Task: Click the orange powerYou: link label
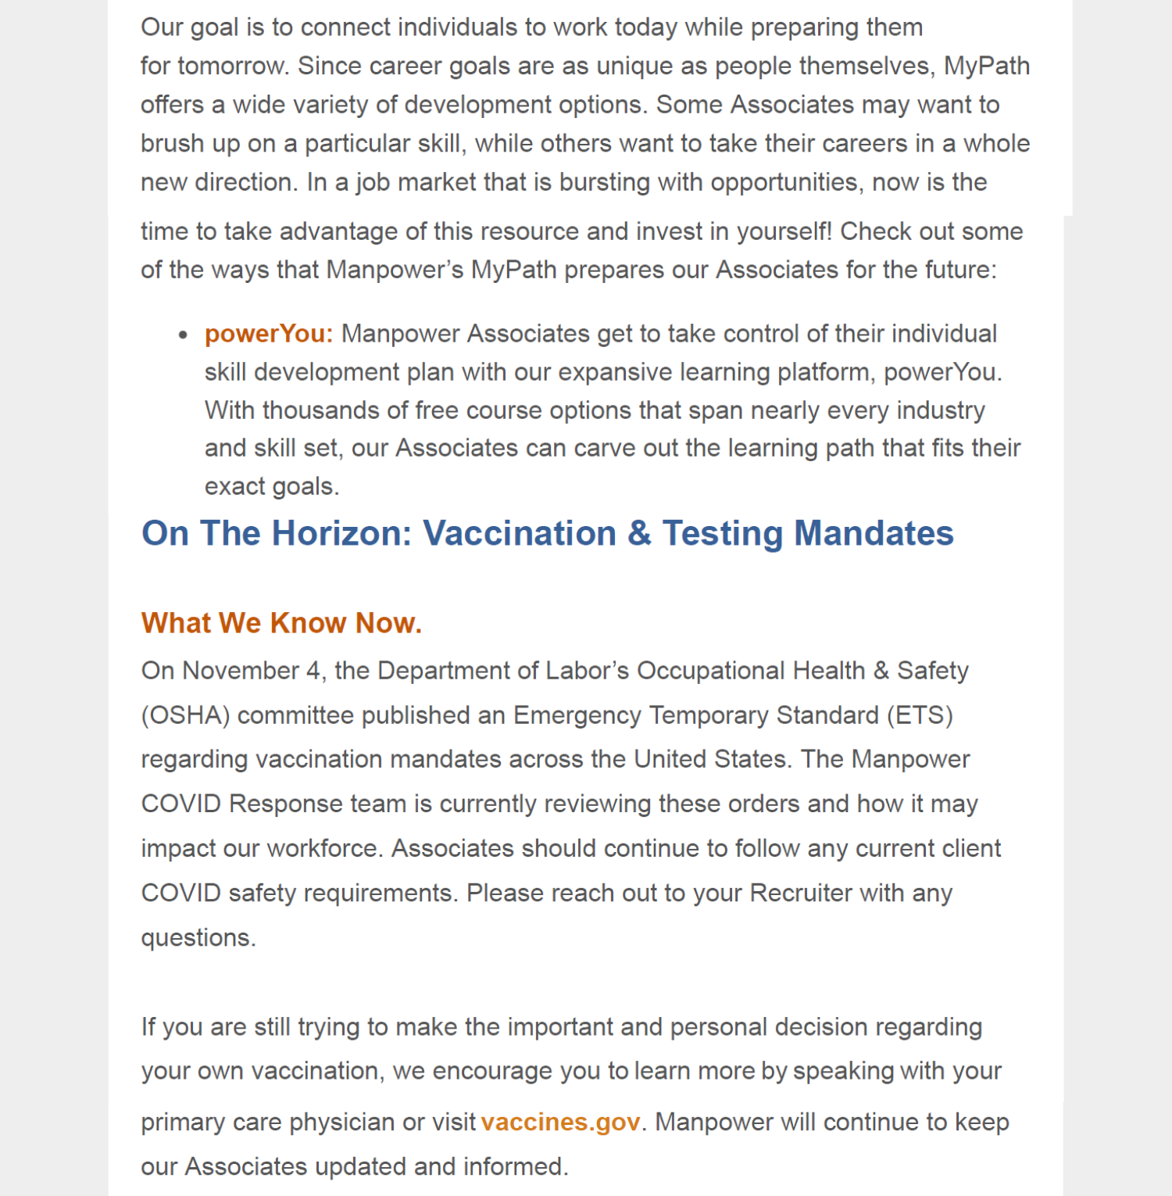tap(269, 334)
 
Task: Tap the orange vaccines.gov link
tap(560, 1123)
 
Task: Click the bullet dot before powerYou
tap(183, 335)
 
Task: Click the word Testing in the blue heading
tap(723, 534)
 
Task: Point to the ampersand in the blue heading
tap(639, 534)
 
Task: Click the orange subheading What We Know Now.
tap(281, 623)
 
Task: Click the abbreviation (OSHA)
tap(185, 715)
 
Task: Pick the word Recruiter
tap(801, 893)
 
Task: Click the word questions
tap(198, 937)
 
